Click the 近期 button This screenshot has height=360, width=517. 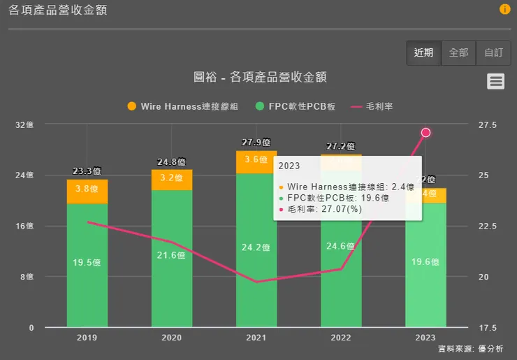[x=423, y=53]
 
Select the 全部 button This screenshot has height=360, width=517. [x=458, y=53]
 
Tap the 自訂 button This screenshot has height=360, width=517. [x=493, y=53]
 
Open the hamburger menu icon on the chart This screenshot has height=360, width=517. [x=495, y=81]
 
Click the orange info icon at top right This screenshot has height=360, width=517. [x=504, y=9]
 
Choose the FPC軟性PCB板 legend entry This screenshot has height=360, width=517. [x=296, y=106]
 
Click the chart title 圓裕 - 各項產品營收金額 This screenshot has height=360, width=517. [x=260, y=77]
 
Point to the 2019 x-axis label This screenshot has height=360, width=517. [x=87, y=338]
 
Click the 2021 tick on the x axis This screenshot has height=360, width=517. [x=256, y=338]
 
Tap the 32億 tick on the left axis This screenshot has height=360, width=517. [x=24, y=125]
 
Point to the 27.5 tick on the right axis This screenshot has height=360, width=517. [x=488, y=125]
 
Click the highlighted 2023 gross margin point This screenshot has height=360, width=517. [x=425, y=133]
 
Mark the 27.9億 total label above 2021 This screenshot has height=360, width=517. [x=256, y=143]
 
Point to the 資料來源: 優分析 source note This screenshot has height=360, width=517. [x=469, y=349]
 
